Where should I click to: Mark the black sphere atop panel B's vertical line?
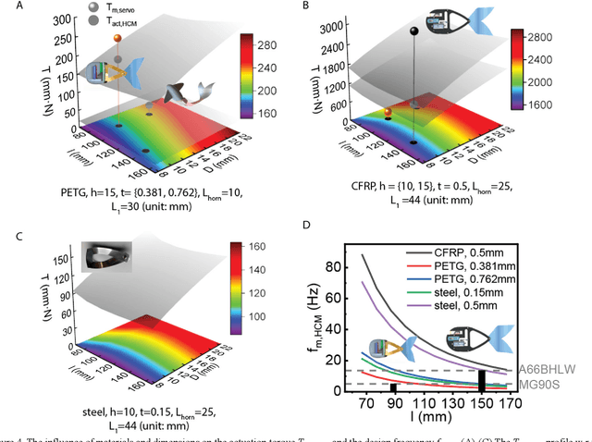[x=413, y=31]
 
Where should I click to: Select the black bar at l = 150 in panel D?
[x=481, y=380]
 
